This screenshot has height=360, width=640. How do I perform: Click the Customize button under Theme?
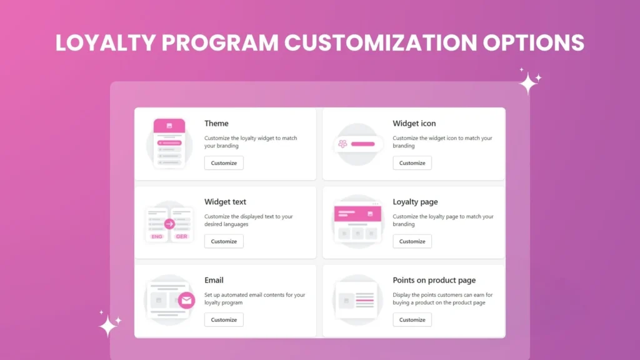coord(224,163)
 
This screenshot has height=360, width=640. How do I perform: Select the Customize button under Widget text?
coord(224,241)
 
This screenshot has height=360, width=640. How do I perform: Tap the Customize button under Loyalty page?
coord(412,241)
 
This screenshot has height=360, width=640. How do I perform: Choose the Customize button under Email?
coord(224,320)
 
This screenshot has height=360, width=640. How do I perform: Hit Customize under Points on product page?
coord(412,320)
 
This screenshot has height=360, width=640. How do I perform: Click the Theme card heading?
coord(216,124)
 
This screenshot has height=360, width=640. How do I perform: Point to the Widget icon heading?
coord(414,124)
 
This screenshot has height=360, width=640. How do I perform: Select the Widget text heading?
coord(225,202)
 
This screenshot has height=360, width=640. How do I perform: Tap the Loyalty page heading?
coord(415,202)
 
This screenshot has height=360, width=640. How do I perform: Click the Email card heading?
coord(214,280)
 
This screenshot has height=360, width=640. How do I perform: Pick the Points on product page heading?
coord(434,280)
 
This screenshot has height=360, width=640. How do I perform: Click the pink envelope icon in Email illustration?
coord(186,301)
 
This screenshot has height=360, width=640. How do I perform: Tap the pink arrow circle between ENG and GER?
coord(169,224)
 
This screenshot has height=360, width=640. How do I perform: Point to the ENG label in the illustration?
coord(157,237)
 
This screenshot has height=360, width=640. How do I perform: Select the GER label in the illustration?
coord(181,237)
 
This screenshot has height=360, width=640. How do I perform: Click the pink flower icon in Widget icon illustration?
coord(342,144)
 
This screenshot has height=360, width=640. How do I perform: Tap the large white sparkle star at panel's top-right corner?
coord(528,83)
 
